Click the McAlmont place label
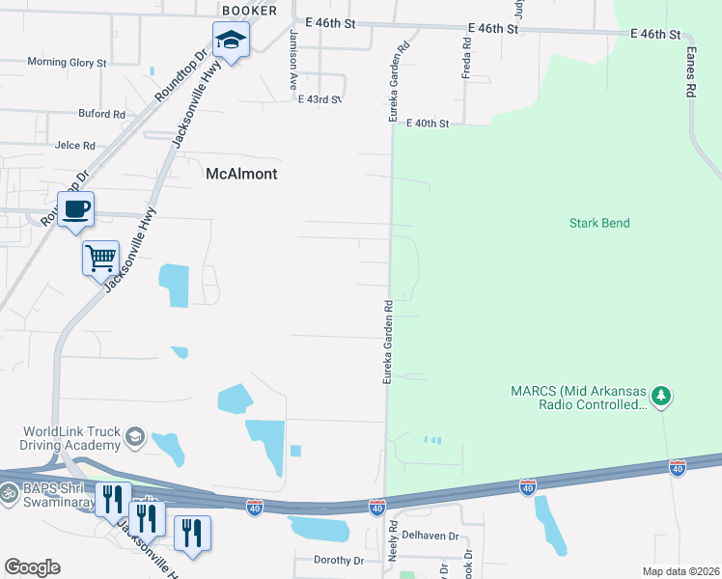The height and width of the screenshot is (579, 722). pyautogui.click(x=241, y=175)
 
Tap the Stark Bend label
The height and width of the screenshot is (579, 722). pyautogui.click(x=599, y=223)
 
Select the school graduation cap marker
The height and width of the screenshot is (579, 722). pyautogui.click(x=231, y=41)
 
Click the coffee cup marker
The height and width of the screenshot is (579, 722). pyautogui.click(x=75, y=208)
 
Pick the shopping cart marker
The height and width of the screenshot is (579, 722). pyautogui.click(x=100, y=258)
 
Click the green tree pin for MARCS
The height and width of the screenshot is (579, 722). pyautogui.click(x=661, y=396)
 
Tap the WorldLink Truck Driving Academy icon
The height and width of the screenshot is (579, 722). pyautogui.click(x=134, y=437)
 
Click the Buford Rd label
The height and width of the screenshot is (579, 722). pyautogui.click(x=102, y=113)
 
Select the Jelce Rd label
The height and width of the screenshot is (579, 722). pyautogui.click(x=75, y=146)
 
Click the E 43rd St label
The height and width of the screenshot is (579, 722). pyautogui.click(x=320, y=99)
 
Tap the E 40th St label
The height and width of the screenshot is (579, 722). pyautogui.click(x=429, y=124)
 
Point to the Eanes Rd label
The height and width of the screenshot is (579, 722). pyautogui.click(x=691, y=73)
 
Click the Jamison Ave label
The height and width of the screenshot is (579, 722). pyautogui.click(x=292, y=59)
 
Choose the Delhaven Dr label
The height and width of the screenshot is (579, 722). pyautogui.click(x=428, y=534)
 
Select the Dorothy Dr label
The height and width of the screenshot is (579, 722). pyautogui.click(x=339, y=560)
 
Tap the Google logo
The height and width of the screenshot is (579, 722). pyautogui.click(x=32, y=567)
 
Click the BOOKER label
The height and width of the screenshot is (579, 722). pyautogui.click(x=249, y=11)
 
